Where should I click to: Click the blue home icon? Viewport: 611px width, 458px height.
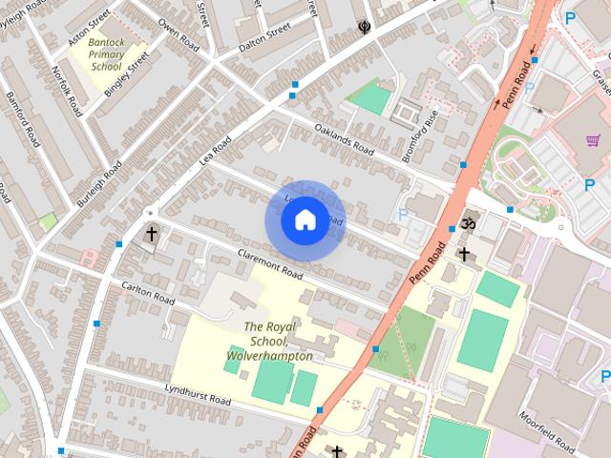[304, 220]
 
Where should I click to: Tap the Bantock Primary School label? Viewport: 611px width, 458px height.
[105, 54]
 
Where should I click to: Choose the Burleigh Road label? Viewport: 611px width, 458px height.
[99, 183]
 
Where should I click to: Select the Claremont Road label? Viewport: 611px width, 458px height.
[270, 265]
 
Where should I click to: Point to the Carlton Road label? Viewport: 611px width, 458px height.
[148, 293]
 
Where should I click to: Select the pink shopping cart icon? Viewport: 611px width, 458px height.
[594, 140]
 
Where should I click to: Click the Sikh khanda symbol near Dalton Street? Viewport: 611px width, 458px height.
[364, 26]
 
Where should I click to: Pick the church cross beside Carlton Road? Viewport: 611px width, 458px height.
[151, 234]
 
